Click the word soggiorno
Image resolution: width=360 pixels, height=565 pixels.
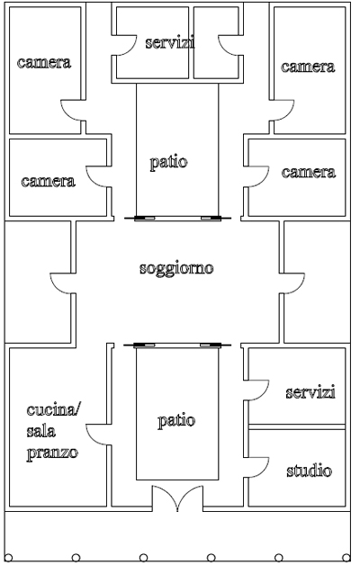[176, 269]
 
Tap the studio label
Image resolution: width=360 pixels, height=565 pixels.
[309, 471]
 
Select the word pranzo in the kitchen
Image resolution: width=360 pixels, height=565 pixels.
[50, 451]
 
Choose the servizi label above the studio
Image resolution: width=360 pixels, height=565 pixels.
[310, 392]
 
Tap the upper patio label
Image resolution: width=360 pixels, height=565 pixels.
[168, 163]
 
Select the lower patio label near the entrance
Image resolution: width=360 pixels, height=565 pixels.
[175, 420]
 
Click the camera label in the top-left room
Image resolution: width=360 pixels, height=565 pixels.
[44, 63]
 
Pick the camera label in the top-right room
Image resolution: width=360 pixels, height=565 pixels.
[308, 67]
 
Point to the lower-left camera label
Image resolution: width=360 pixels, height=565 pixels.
[48, 181]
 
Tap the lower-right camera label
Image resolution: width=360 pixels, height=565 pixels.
[308, 172]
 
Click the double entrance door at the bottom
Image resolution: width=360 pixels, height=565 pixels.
[177, 499]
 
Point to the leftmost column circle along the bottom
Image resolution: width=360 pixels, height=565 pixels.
[8, 556]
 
